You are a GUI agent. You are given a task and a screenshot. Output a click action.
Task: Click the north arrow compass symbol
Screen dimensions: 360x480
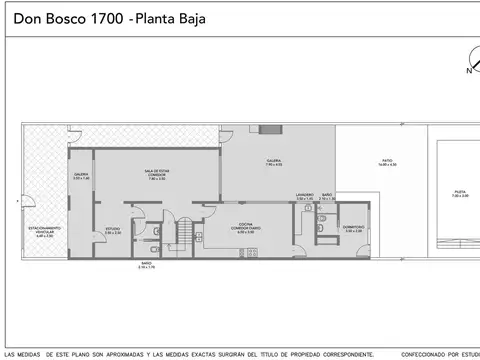(468, 62)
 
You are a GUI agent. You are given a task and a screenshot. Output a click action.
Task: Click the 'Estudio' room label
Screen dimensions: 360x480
(114, 230)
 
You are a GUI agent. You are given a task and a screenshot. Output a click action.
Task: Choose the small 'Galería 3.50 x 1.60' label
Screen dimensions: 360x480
(81, 177)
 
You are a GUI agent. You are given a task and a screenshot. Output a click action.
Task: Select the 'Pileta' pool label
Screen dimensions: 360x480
(459, 193)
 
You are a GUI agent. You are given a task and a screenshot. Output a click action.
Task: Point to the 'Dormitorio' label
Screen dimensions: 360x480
(353, 228)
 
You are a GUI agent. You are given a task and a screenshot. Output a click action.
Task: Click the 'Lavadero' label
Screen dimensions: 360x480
(304, 197)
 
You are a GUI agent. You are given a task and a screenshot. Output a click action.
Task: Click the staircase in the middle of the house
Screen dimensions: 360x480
(184, 234)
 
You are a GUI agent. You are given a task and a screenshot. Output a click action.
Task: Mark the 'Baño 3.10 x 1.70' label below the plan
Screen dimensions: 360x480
(147, 265)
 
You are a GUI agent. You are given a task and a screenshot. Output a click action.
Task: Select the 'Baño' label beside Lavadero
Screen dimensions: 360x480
(327, 197)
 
